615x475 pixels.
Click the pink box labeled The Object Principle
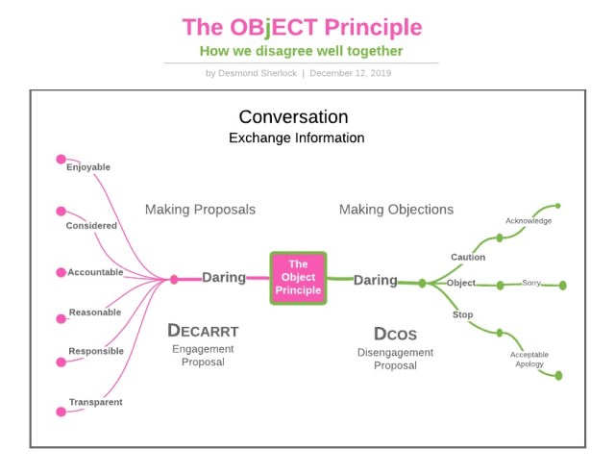point(298,278)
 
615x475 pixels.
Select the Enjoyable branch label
point(88,167)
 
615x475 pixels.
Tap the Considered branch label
point(91,226)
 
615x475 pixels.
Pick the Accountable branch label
point(95,272)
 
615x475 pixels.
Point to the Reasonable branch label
point(95,312)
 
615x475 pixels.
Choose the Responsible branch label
point(96,351)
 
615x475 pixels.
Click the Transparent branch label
point(95,402)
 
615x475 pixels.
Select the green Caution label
point(468,257)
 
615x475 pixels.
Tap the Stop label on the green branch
point(462,314)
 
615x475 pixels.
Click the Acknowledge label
point(529,221)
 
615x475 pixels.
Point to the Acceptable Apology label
point(529,359)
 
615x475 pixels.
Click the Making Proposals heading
point(200,209)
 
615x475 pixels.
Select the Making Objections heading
point(396,209)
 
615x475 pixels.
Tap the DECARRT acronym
point(203,331)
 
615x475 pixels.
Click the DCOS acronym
point(395,334)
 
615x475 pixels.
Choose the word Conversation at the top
point(293,117)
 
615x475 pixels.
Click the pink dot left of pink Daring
point(174,280)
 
